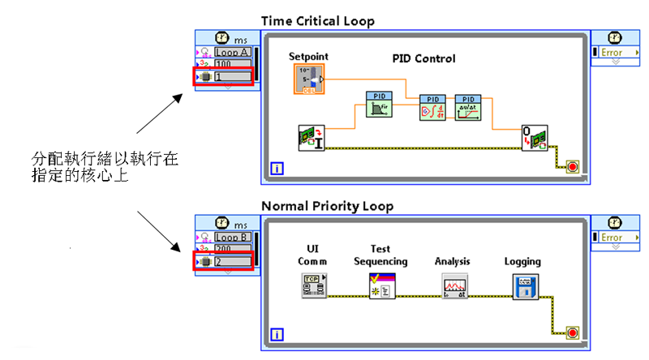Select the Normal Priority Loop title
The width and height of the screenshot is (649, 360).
[327, 207]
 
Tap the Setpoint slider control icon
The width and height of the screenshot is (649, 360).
[307, 79]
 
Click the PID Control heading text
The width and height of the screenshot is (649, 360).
[423, 58]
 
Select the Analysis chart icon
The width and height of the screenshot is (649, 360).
[454, 287]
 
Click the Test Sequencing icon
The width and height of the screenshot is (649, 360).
[381, 287]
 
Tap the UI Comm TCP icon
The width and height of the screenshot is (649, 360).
[313, 287]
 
